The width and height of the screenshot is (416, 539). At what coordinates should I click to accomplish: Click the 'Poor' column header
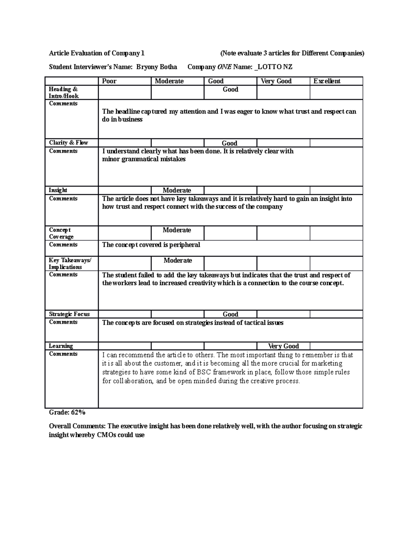coord(109,81)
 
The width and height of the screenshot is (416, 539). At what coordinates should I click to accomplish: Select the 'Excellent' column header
coord(327,81)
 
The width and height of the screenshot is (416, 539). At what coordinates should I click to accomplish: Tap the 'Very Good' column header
coord(276,81)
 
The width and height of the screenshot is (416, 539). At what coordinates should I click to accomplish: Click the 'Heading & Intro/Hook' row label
coord(64,93)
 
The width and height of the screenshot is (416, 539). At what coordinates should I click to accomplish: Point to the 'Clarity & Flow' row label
coord(68,143)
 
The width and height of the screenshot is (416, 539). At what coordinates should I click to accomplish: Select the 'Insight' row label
coord(58,190)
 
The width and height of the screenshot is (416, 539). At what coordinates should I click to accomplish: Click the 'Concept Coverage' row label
coord(61,233)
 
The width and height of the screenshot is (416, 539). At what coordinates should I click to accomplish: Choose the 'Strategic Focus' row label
coord(69,314)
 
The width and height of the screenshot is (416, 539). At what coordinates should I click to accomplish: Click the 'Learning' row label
coord(61,346)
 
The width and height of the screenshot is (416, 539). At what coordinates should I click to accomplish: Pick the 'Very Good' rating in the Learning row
coord(283,346)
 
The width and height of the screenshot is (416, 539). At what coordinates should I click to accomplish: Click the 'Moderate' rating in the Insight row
coord(177,191)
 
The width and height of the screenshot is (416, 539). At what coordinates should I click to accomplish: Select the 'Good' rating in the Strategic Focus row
coord(230,314)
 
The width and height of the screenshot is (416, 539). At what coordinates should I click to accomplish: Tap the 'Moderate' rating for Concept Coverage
coord(177,230)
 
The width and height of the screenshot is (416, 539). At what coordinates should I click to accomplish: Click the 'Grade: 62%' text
coord(67,412)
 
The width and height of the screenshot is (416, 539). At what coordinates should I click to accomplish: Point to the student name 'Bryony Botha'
coord(156,67)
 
